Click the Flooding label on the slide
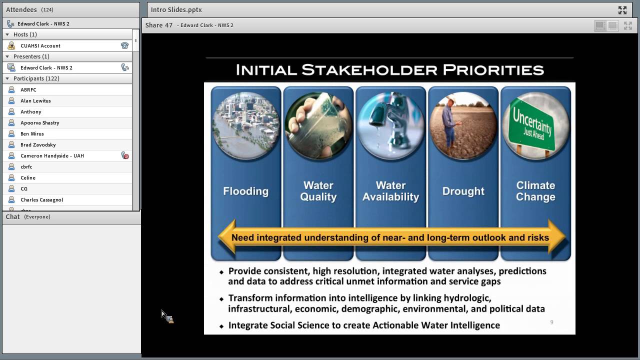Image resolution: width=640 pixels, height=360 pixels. (x=245, y=191)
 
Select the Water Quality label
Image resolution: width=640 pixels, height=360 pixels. (x=318, y=191)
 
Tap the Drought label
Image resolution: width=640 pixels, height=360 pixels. (x=463, y=191)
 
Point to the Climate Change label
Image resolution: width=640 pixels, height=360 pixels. (x=535, y=191)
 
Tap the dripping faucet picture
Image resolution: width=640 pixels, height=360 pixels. (x=390, y=125)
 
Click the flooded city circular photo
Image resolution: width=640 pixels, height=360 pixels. (x=246, y=125)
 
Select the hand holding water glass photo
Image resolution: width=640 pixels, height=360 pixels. (x=318, y=125)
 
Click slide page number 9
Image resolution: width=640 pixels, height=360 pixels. (x=551, y=322)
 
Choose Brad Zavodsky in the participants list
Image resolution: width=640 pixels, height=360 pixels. (x=38, y=144)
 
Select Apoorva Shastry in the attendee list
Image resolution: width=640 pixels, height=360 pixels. (x=40, y=122)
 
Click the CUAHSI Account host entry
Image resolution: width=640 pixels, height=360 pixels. (x=40, y=45)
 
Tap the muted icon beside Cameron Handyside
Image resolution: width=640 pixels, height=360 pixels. (x=125, y=155)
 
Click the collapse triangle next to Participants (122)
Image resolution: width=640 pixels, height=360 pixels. (x=7, y=78)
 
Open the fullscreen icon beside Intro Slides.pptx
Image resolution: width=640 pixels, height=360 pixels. (x=622, y=9)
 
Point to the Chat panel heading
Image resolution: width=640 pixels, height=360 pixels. (x=12, y=216)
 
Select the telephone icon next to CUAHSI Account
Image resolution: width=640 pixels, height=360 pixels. (x=124, y=45)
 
